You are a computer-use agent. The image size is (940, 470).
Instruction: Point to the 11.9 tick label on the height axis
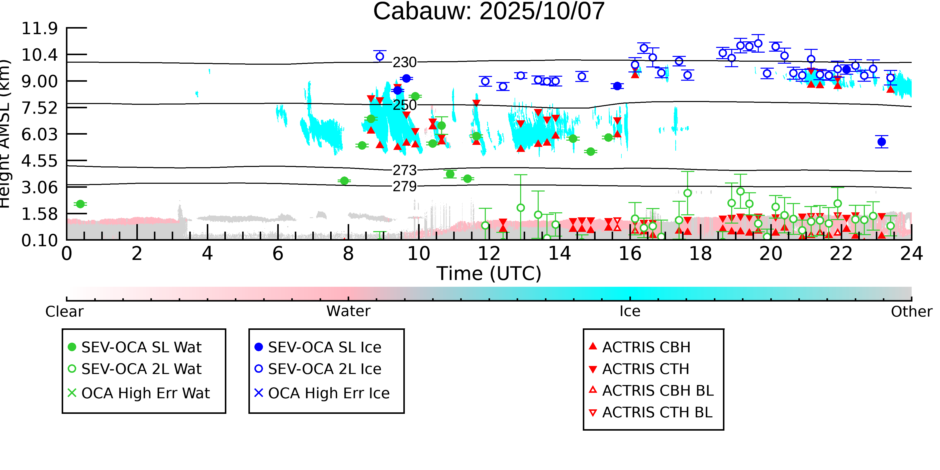click(39, 29)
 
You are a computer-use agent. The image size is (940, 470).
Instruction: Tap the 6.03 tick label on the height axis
click(39, 134)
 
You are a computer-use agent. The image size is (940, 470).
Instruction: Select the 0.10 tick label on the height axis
click(39, 240)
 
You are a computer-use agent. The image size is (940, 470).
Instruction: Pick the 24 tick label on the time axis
click(911, 254)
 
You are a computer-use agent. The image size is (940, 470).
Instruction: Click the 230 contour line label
click(404, 62)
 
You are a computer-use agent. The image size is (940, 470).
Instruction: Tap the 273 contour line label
click(404, 170)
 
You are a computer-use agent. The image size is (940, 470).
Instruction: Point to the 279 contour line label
click(404, 186)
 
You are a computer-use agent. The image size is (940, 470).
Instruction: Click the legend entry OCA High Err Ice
click(328, 393)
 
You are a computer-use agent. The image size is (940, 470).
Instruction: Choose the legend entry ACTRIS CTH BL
click(657, 412)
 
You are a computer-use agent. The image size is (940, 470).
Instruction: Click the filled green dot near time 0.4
click(80, 204)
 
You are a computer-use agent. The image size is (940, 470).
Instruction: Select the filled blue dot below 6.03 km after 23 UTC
click(882, 142)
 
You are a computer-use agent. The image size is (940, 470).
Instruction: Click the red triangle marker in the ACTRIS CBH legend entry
click(593, 346)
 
